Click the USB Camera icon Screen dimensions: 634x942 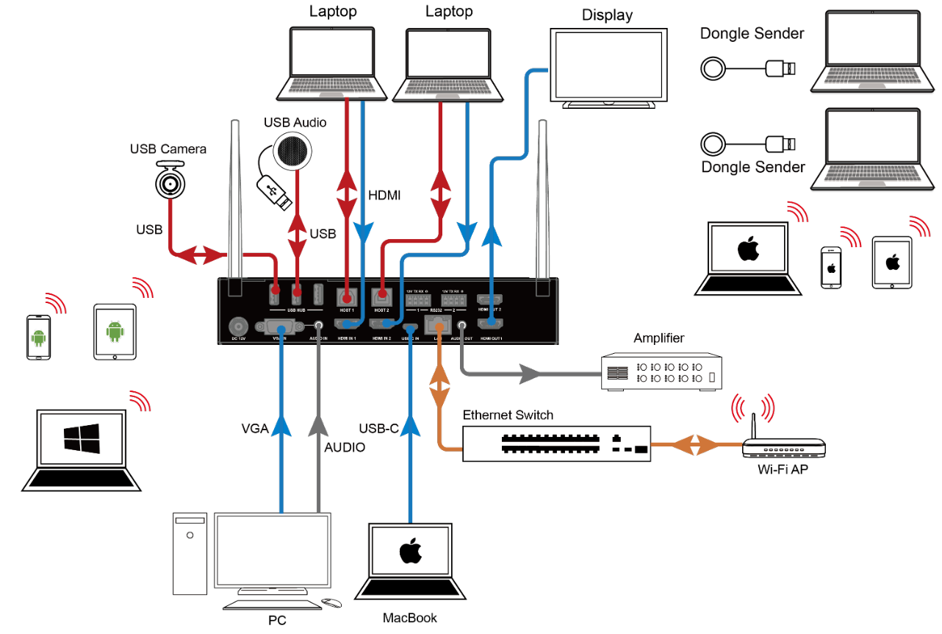coord(170,181)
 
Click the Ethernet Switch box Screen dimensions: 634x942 coord(556,444)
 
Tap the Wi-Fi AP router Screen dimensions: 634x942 coord(783,449)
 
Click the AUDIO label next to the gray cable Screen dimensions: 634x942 coord(345,446)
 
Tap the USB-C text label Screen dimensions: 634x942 coord(378,428)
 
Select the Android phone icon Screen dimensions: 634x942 coord(39,338)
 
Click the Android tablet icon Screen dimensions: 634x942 coord(115,332)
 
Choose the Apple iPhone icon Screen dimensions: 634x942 coord(831,266)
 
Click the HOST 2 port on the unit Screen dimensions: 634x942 coord(381,297)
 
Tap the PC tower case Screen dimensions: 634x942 coord(189,553)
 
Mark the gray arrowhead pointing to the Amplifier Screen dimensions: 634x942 coord(531,374)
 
